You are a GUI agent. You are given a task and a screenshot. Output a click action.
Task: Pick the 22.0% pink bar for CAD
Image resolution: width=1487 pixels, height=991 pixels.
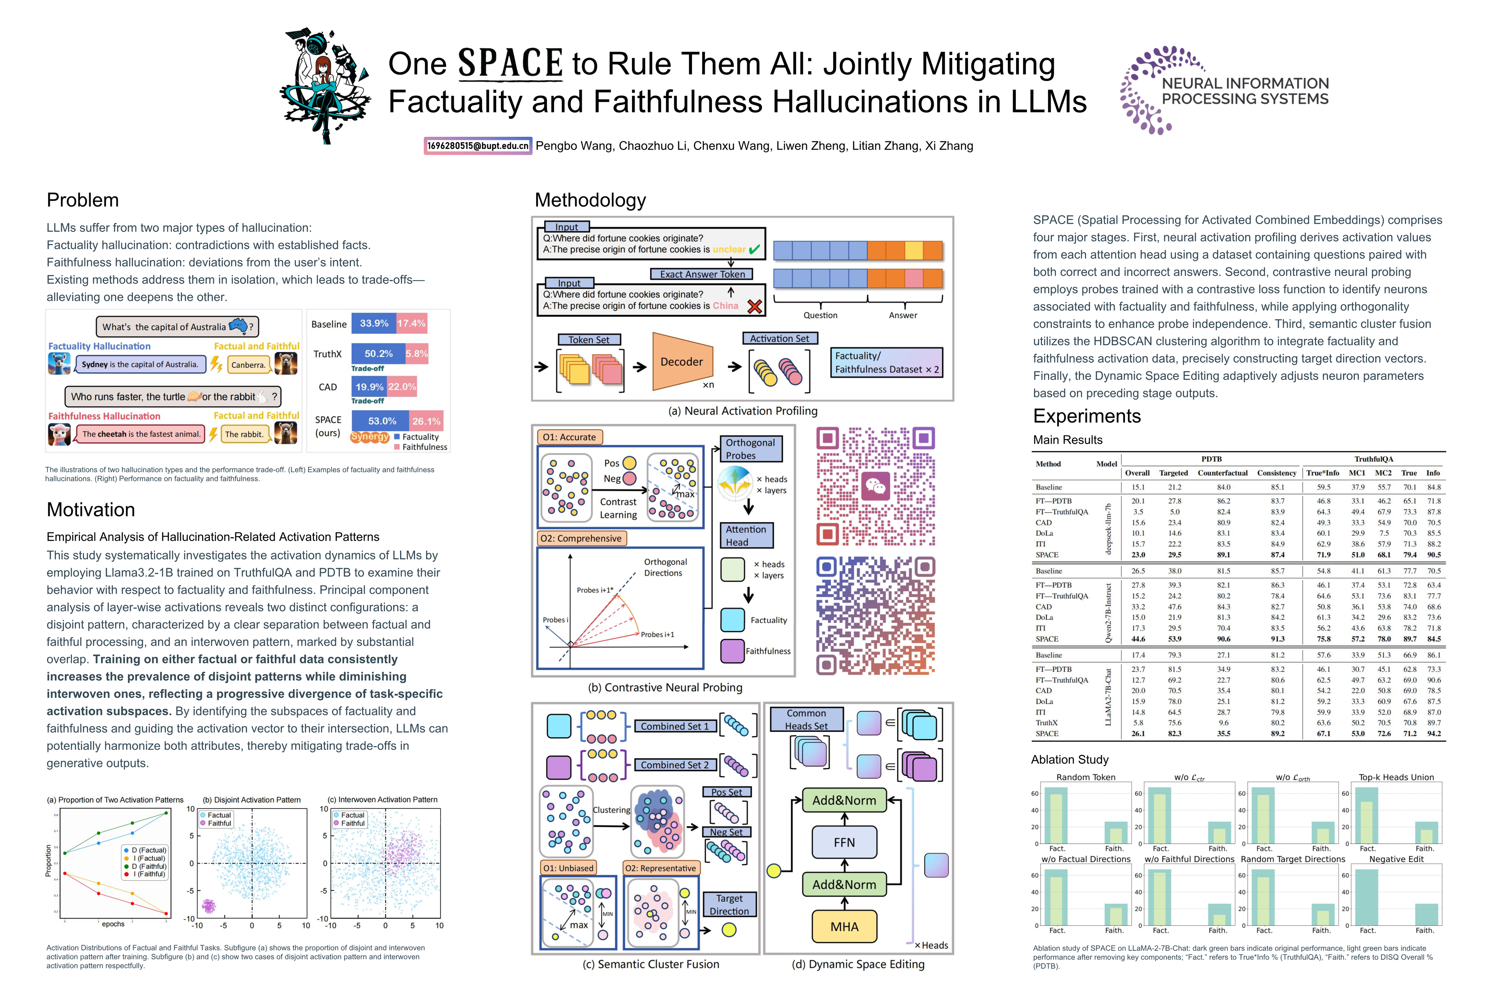tap(402, 387)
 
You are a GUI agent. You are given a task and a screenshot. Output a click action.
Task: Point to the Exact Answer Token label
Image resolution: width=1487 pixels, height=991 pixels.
tap(702, 274)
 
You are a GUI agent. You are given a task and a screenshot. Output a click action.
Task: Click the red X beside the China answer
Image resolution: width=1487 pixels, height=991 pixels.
tap(754, 307)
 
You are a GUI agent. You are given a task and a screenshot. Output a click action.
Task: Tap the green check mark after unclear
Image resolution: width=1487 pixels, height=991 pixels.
tap(754, 250)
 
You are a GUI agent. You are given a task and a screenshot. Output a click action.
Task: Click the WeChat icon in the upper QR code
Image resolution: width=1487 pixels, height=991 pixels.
tap(876, 486)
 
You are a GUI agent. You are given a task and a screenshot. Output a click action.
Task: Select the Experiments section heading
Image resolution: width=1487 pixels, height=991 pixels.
tap(1086, 416)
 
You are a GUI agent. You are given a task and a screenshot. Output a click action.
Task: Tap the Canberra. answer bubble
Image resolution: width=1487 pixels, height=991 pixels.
tap(248, 365)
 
